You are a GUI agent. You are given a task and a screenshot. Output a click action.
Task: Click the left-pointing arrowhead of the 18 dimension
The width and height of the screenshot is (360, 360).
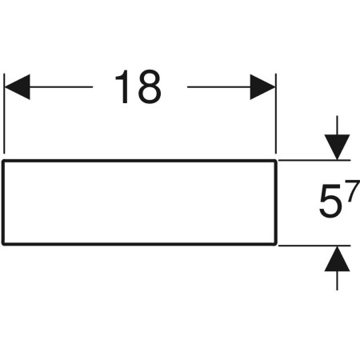pos(18,87)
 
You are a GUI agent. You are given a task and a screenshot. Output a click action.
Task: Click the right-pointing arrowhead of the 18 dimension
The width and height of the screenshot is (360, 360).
pos(262,87)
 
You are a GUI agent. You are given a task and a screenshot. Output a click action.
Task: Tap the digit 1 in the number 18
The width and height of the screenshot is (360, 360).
pos(122,86)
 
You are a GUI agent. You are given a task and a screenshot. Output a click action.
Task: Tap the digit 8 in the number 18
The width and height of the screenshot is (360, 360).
pos(150,86)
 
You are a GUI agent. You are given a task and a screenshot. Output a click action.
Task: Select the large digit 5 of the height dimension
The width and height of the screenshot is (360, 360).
pos(330,202)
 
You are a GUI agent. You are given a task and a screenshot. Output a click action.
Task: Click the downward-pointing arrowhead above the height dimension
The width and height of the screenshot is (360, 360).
pos(337,147)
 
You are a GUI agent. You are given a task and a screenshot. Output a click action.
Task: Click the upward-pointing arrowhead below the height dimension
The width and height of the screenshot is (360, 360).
pos(337,258)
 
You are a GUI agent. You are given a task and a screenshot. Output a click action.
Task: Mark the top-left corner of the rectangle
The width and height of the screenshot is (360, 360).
pos(3,161)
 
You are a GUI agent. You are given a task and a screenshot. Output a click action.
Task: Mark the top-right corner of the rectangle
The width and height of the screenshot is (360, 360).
pos(276,161)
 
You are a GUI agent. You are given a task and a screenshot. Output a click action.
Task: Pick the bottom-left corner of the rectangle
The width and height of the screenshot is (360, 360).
pos(3,244)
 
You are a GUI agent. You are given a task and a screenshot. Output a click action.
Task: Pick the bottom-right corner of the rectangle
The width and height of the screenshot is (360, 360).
pos(276,244)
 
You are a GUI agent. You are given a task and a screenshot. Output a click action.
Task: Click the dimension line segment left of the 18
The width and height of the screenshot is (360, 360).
pos(61,87)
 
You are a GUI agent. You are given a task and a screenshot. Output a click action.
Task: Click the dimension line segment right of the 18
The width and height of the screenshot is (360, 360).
pos(219,87)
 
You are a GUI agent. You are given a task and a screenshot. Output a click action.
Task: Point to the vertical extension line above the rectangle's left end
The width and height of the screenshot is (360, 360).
pos(4,114)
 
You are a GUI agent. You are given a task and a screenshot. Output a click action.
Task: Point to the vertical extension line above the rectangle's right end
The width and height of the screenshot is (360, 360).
pos(276,114)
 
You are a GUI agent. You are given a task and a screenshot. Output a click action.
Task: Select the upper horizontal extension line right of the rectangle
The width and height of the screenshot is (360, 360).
pos(314,160)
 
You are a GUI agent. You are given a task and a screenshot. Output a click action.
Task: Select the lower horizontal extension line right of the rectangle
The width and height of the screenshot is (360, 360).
pos(314,246)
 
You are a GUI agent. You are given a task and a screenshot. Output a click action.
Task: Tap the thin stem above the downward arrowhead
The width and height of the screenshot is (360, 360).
pos(337,126)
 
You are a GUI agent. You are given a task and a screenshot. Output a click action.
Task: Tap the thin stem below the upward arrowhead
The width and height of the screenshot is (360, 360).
pos(337,281)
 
